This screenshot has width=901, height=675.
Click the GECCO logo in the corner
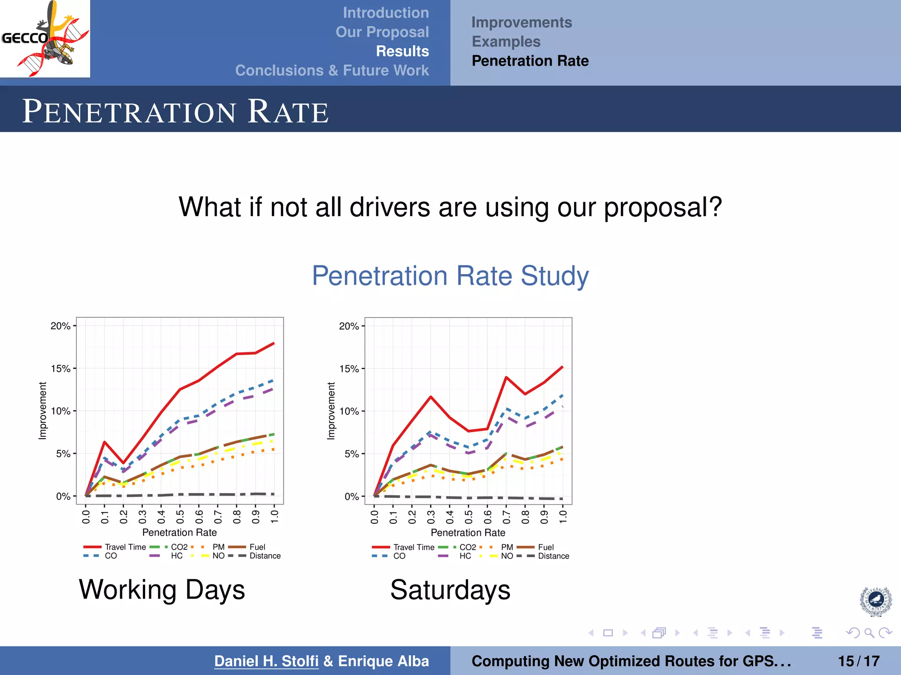pyautogui.click(x=45, y=39)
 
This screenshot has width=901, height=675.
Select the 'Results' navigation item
pyautogui.click(x=402, y=51)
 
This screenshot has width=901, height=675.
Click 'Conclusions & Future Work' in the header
pyautogui.click(x=332, y=71)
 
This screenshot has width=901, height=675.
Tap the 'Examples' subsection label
pyautogui.click(x=506, y=42)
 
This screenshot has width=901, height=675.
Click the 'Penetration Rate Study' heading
pyautogui.click(x=450, y=276)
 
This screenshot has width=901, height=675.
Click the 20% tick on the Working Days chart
pyautogui.click(x=60, y=326)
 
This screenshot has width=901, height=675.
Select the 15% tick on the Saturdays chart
pyautogui.click(x=349, y=369)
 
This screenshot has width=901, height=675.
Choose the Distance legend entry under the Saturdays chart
pyautogui.click(x=553, y=556)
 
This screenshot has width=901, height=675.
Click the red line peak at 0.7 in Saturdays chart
pyautogui.click(x=506, y=377)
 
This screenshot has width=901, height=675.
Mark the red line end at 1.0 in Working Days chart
pyautogui.click(x=274, y=343)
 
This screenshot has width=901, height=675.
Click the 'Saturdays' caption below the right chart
pyautogui.click(x=450, y=590)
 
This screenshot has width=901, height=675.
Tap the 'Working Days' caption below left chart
pyautogui.click(x=161, y=590)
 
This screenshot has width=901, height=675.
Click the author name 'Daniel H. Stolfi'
pyautogui.click(x=266, y=661)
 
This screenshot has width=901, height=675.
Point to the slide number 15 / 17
pyautogui.click(x=858, y=661)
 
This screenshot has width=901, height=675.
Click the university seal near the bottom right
pyautogui.click(x=875, y=601)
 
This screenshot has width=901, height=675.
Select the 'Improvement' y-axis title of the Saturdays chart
pyautogui.click(x=331, y=411)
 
